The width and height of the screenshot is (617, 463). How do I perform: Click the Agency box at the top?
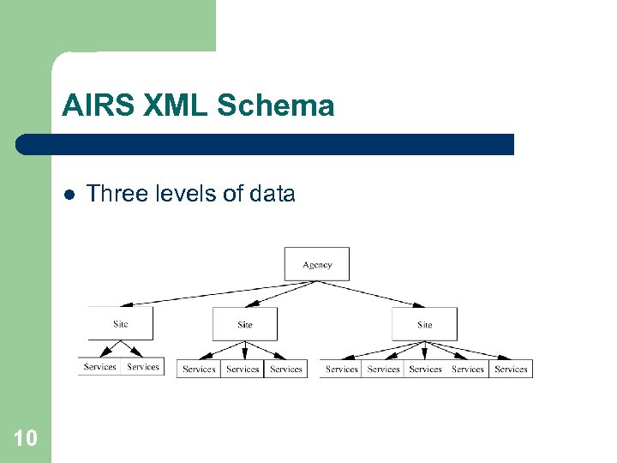point(317,264)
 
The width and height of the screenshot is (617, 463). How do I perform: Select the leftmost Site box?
point(121,323)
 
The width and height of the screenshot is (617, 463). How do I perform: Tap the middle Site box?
point(245,324)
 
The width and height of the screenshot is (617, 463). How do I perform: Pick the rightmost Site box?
point(424,324)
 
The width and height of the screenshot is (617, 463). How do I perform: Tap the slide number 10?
point(26,439)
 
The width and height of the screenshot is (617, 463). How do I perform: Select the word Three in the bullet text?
point(114,194)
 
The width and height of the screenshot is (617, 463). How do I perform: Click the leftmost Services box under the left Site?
point(100,367)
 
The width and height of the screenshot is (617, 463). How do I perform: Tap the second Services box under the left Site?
point(142,367)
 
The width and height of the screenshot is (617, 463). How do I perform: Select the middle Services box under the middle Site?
point(243,369)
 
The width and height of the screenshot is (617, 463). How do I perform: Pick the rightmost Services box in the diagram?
point(511,369)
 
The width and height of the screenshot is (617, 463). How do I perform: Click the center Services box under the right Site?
point(426,369)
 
